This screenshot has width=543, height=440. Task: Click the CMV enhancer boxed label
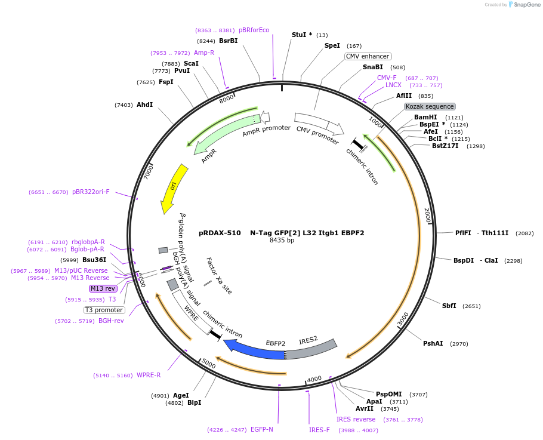(x=368, y=56)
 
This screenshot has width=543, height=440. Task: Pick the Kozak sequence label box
(x=430, y=106)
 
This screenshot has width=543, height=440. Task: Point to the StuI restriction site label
(x=301, y=35)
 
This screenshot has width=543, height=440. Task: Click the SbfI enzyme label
(x=449, y=306)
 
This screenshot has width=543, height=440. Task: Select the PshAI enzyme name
(x=433, y=343)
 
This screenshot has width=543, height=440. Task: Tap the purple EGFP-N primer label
(x=261, y=429)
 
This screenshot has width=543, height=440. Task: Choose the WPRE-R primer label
(x=149, y=375)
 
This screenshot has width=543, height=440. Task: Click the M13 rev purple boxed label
(x=103, y=288)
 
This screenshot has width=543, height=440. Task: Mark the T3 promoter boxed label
(x=104, y=310)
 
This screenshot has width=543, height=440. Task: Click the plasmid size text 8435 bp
(x=282, y=241)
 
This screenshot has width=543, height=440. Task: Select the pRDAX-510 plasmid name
(x=220, y=233)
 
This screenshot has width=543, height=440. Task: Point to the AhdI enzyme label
(x=144, y=104)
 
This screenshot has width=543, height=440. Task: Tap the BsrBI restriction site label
(x=228, y=41)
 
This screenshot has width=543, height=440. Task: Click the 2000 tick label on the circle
(x=427, y=216)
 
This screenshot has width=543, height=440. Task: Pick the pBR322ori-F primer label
(x=91, y=192)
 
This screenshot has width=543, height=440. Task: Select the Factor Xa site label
(x=219, y=276)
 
